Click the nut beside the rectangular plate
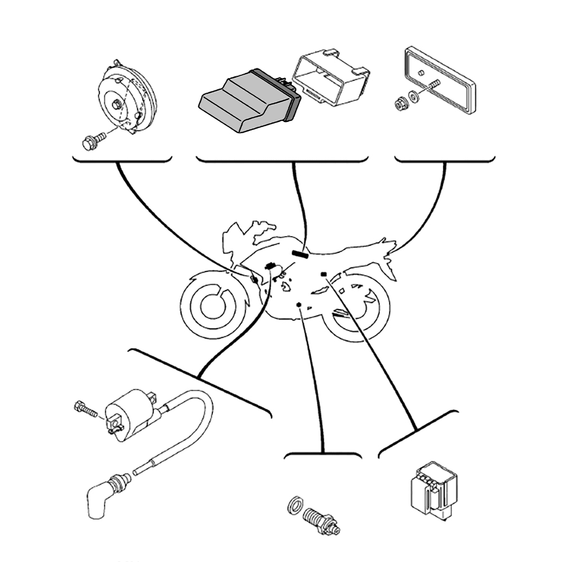pyautogui.click(x=401, y=102)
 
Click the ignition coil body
pyautogui.click(x=132, y=416)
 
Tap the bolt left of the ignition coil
pyautogui.click(x=85, y=409)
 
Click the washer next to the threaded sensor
pyautogui.click(x=294, y=504)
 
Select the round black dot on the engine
pyautogui.click(x=299, y=305)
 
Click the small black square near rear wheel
pyautogui.click(x=323, y=274)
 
